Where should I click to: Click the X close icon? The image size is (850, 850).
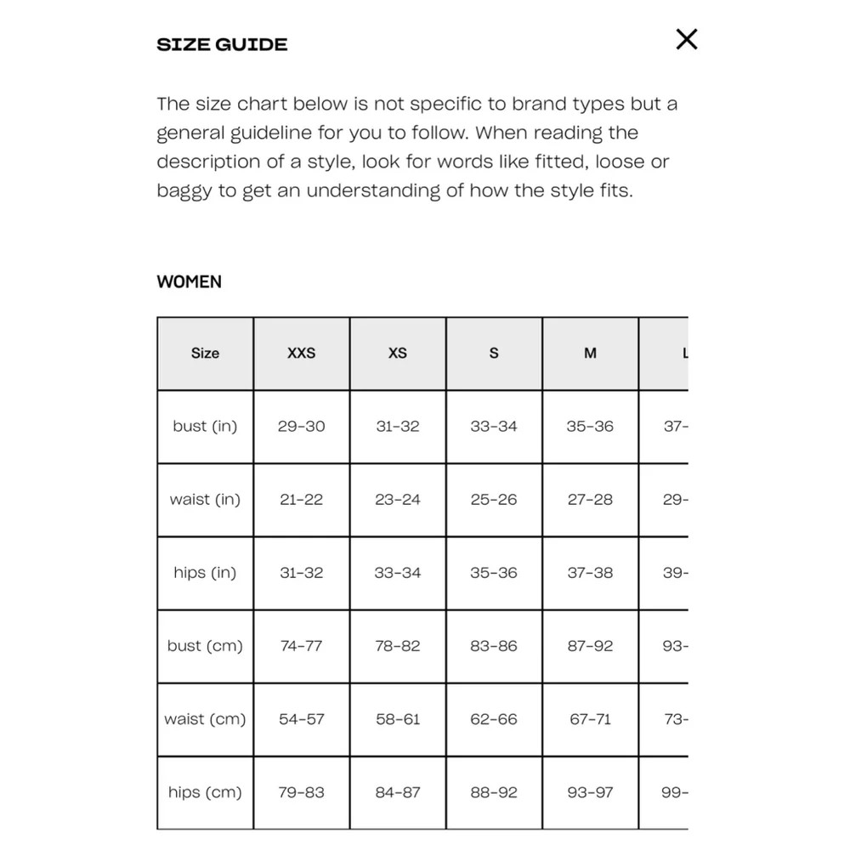(686, 39)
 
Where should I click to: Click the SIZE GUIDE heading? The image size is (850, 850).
(222, 45)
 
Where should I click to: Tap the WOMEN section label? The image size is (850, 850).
(189, 282)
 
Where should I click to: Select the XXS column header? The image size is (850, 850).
(301, 354)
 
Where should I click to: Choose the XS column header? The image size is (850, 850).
(397, 354)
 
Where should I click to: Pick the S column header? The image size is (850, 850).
(494, 354)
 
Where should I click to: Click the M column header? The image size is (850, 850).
(590, 354)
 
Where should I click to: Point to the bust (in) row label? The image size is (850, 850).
(205, 427)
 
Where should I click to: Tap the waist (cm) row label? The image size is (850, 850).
(205, 719)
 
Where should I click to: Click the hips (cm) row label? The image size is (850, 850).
(205, 792)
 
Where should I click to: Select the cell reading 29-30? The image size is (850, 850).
(301, 427)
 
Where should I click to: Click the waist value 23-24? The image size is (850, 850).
(397, 500)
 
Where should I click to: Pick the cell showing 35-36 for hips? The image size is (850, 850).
(494, 573)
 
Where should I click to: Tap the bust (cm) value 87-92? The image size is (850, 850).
(590, 646)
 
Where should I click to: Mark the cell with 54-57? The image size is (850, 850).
(301, 719)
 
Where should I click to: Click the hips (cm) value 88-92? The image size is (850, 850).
(494, 792)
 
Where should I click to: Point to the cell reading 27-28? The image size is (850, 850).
(590, 500)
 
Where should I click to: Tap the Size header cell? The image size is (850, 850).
(205, 354)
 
